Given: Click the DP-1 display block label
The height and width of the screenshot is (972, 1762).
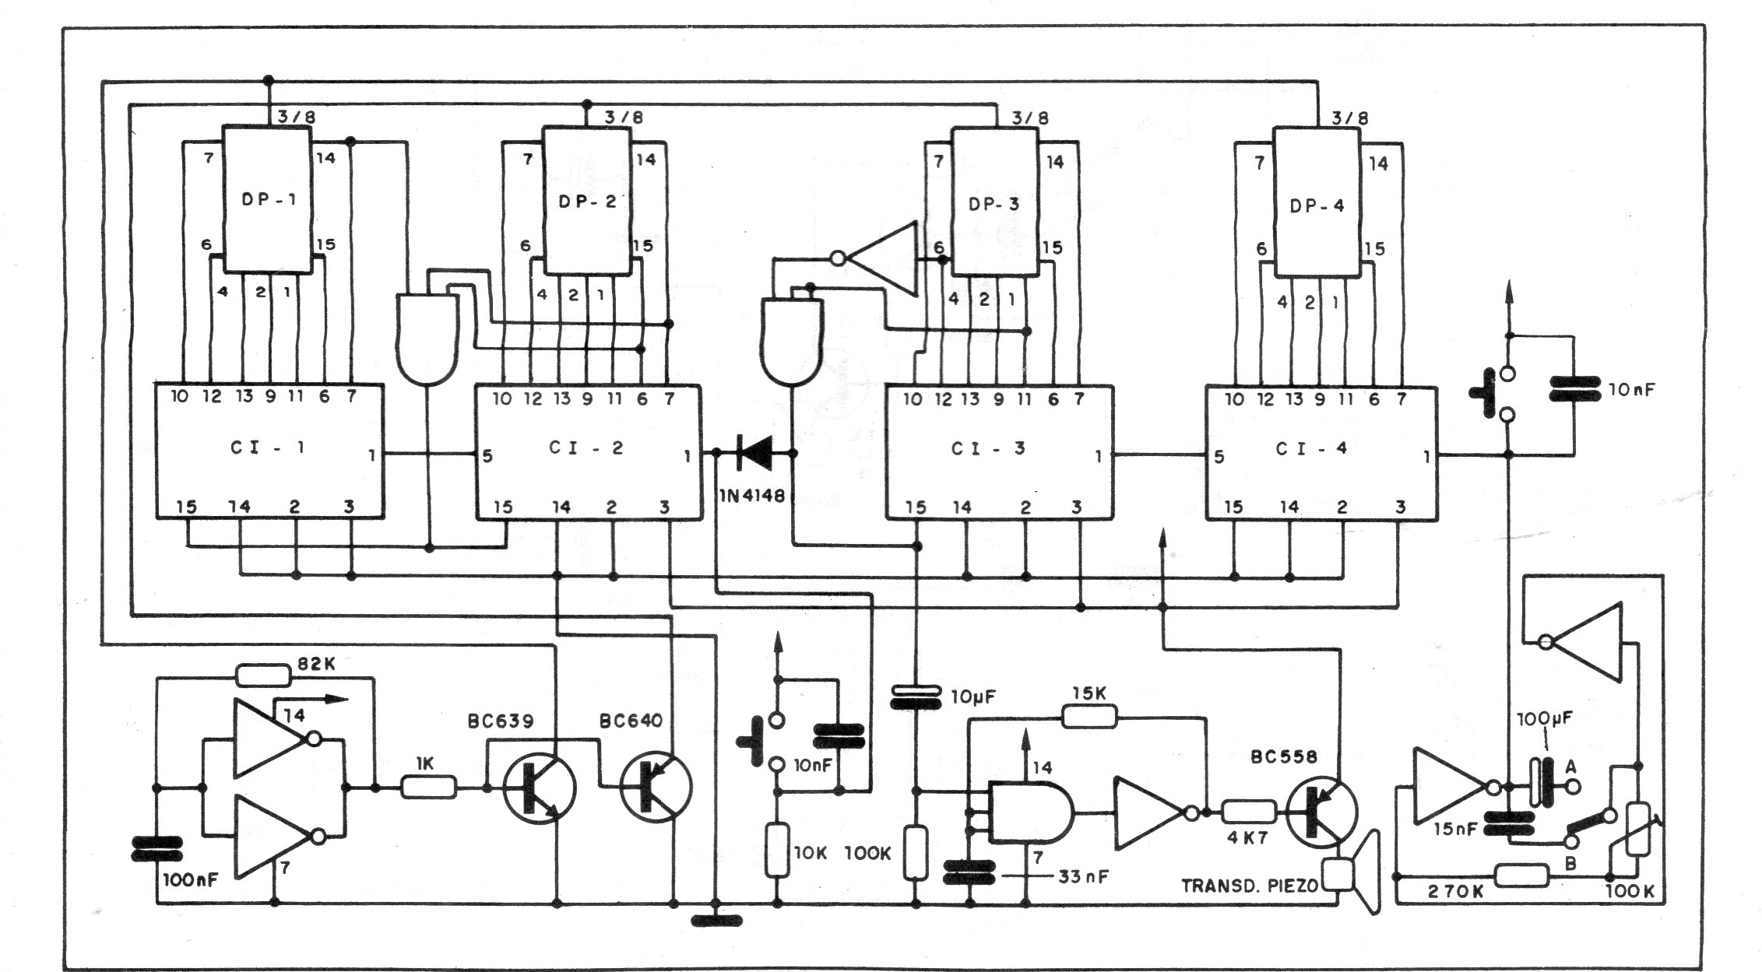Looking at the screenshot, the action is [x=269, y=198].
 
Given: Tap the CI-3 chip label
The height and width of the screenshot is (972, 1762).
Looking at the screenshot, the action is [x=989, y=449].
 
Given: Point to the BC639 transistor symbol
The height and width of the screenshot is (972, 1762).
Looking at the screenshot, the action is [x=539, y=788].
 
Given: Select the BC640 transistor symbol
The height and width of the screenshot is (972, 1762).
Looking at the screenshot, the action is [x=656, y=787].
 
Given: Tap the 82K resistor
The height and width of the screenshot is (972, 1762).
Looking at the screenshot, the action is [x=263, y=675].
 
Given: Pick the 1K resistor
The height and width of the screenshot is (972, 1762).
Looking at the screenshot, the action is [x=428, y=788].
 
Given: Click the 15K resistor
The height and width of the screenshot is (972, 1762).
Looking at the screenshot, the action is [x=1090, y=718].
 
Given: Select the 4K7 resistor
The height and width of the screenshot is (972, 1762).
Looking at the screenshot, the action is [x=1249, y=812].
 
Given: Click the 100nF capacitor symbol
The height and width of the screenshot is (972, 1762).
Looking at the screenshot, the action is [x=157, y=850].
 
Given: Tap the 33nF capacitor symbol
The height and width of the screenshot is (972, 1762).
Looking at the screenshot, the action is [x=969, y=872].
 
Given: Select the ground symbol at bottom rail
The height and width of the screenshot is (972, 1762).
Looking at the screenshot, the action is [x=717, y=921].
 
